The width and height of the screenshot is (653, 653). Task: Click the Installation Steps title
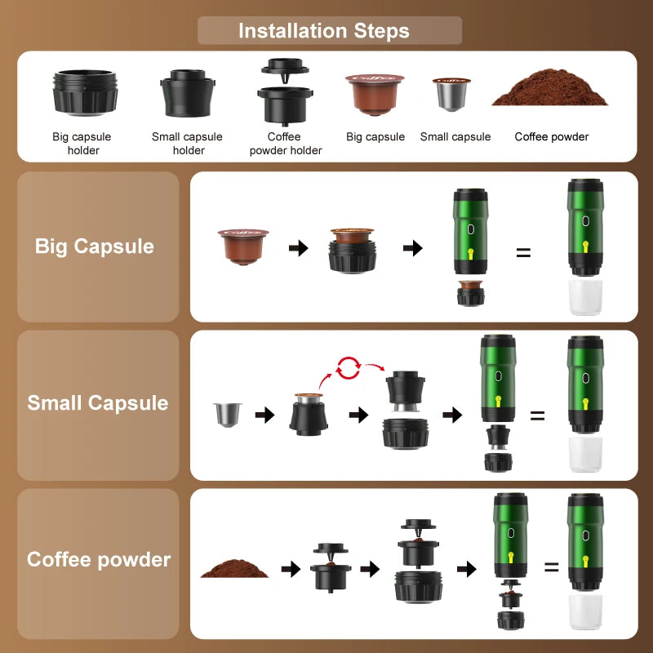(324, 31)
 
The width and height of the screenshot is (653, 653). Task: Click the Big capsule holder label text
(82, 144)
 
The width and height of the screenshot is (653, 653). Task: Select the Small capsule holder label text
(187, 144)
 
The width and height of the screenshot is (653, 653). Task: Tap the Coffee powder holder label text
(285, 144)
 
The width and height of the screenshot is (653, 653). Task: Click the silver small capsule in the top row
(451, 95)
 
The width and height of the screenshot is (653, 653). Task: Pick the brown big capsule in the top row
(375, 95)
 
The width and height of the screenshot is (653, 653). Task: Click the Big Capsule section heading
(95, 247)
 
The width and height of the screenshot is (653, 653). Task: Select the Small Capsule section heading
(98, 403)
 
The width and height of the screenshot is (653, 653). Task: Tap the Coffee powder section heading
(99, 560)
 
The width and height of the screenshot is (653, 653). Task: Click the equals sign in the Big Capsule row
(523, 252)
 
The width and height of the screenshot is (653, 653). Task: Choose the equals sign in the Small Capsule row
(537, 415)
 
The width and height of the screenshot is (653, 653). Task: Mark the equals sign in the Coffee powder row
(552, 567)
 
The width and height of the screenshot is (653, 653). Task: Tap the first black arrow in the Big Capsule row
(299, 248)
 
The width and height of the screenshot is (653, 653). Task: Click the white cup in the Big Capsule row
(584, 298)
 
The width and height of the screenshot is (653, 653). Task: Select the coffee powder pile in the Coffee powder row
(234, 568)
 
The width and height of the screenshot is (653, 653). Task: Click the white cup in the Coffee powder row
(584, 612)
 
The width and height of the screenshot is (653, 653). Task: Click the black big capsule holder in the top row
(85, 92)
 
